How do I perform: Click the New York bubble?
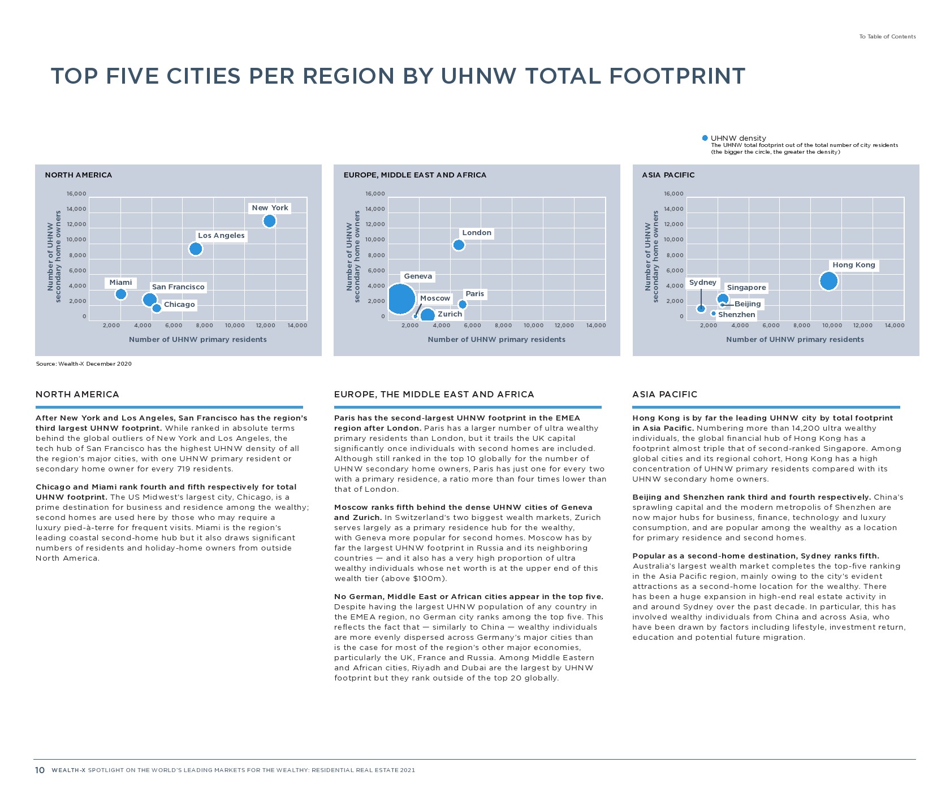coord(269,221)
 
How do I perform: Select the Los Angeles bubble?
coord(196,249)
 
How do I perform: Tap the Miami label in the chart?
coord(120,283)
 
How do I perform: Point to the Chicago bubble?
coord(157,308)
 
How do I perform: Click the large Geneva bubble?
coord(399,299)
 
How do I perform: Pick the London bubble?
coord(459,245)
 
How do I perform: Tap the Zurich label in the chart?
coord(450,314)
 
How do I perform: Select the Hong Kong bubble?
coord(828,281)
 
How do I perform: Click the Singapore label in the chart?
coord(746,288)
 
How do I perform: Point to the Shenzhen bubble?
coord(714,314)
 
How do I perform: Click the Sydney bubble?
coord(701,309)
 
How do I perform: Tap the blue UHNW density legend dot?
coord(705,138)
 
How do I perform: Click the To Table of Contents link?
coord(887,37)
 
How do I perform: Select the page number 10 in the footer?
coord(40,770)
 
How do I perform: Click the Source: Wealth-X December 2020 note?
coord(84,364)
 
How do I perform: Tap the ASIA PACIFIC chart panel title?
coord(668,175)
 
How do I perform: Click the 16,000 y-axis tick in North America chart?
coord(76,194)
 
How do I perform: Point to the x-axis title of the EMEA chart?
coord(496,340)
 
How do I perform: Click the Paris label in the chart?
coord(474,294)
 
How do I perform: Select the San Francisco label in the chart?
coord(178,287)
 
